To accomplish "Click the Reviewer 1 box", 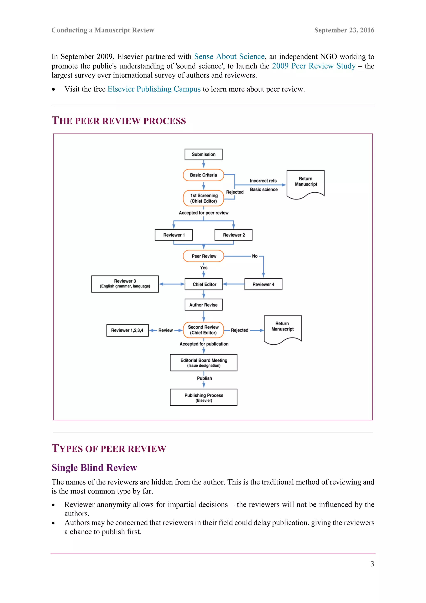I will coord(174,235).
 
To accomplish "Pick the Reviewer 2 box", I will coord(233,235).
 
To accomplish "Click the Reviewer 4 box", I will coord(263,284).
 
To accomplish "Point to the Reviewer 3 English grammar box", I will coord(125,284).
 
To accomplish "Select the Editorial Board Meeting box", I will coord(204,363).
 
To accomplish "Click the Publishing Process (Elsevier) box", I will coord(204,397).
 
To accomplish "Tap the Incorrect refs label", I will coord(263,181).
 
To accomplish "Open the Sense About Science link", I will coord(229,56).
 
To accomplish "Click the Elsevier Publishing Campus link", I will coord(154,89).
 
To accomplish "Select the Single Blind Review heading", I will coord(94,468).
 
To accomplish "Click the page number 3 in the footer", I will coord(372,564).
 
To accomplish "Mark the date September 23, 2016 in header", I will coord(344,30).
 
